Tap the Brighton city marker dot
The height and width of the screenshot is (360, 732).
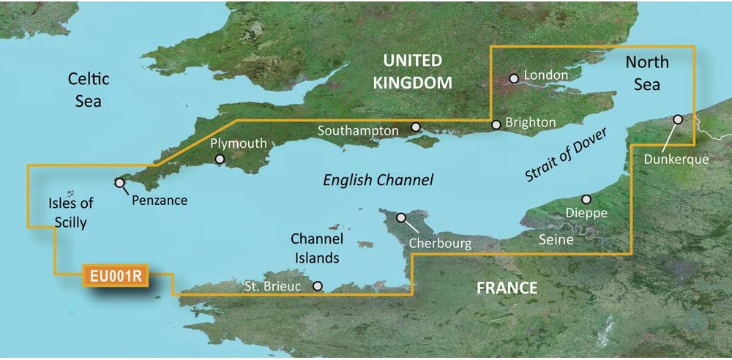click(x=496, y=125)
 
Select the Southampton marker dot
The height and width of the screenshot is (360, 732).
click(x=416, y=127)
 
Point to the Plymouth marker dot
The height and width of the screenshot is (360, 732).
click(x=219, y=159)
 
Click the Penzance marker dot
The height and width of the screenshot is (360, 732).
click(x=119, y=183)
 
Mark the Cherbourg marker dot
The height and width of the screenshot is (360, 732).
click(x=401, y=218)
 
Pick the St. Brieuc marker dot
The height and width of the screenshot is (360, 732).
click(x=317, y=286)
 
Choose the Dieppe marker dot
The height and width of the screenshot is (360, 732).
click(x=586, y=199)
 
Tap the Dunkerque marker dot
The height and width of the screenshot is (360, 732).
click(x=679, y=119)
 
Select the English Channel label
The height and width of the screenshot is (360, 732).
click(x=378, y=179)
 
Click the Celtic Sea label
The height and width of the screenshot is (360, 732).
click(x=88, y=89)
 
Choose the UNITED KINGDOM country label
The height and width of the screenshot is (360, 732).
click(x=413, y=71)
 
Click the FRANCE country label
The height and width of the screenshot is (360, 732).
click(x=507, y=288)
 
